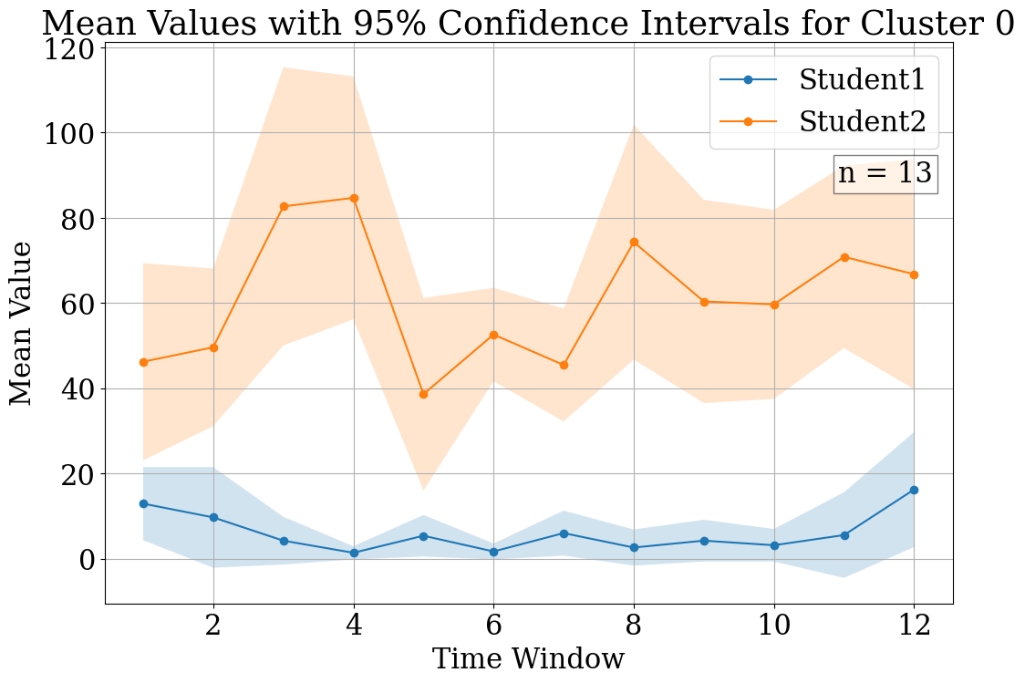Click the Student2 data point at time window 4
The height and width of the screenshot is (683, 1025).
tap(354, 198)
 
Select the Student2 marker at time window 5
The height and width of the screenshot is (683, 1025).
tap(423, 394)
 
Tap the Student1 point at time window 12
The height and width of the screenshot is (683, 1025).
tap(914, 490)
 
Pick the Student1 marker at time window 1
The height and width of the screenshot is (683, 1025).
tap(143, 503)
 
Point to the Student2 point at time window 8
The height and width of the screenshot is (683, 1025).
tap(634, 242)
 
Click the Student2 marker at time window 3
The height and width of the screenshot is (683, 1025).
tap(284, 206)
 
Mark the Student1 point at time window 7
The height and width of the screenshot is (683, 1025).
tap(564, 533)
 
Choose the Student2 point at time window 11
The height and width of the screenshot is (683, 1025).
tap(844, 257)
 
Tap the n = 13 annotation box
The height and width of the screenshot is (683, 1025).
tap(885, 173)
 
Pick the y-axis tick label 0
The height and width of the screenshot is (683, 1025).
tap(86, 559)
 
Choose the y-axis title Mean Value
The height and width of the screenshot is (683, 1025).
tap(22, 323)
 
